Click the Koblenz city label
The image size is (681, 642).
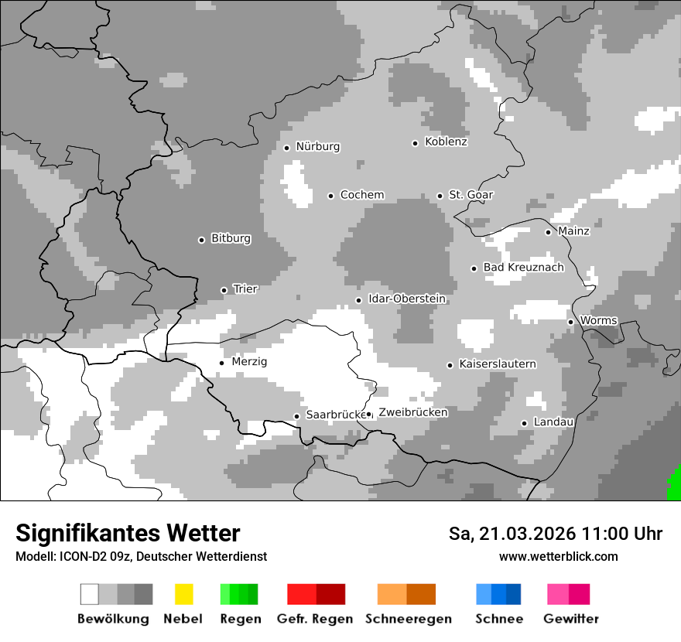coord(446,142)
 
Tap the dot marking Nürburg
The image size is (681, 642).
coord(286,148)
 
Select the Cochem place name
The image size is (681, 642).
coord(361,195)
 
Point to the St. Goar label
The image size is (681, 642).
coord(471,195)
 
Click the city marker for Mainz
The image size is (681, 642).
coord(548,232)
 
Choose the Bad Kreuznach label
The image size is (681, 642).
coord(523,268)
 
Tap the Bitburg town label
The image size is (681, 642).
coord(231,239)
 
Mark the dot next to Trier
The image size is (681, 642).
coord(224,290)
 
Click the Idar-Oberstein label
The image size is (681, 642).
coord(406,299)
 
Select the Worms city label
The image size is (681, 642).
coord(598,321)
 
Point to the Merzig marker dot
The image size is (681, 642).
coord(221,363)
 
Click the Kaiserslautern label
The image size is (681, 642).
coord(497,364)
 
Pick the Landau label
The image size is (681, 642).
coord(553,422)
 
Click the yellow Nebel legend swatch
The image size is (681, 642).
coord(183,594)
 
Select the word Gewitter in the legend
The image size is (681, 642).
coord(570,619)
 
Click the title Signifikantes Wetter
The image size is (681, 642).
coord(128,533)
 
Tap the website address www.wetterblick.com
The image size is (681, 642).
coord(558,557)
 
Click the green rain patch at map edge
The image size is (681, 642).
coord(674,487)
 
